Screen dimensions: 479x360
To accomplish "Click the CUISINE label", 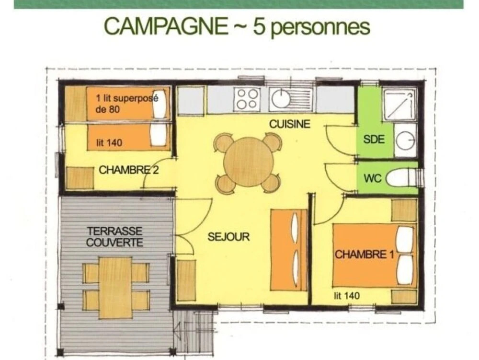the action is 290,124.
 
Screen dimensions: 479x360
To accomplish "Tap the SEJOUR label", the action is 228,236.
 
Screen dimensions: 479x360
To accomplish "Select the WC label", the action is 372,178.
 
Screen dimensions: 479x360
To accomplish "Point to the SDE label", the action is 374,139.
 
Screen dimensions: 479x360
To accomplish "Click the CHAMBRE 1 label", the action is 365,254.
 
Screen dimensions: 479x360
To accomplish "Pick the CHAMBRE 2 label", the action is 128,170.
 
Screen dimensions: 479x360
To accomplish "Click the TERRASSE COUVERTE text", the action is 114,236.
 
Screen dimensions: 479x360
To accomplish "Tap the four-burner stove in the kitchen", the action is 248,99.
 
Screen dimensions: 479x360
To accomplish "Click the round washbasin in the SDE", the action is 405,141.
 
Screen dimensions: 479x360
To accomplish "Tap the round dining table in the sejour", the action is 248,162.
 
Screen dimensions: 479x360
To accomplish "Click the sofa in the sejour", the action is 289,250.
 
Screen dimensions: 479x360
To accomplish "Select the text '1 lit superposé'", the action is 127,98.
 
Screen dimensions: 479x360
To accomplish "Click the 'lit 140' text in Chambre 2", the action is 109,143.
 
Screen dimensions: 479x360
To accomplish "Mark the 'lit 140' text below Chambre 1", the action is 347,295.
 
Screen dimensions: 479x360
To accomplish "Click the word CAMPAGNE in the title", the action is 166,26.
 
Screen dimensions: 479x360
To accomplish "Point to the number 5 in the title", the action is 258,26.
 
